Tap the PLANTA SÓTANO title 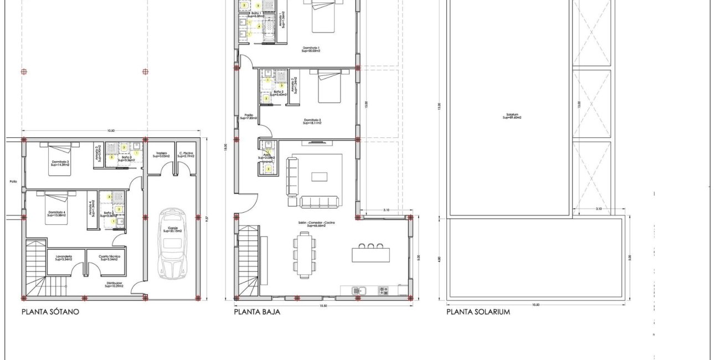50,312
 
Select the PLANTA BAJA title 257,312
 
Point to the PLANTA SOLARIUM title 478,312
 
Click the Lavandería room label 65,258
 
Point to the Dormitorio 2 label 312,121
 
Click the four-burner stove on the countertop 383,290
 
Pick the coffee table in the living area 319,177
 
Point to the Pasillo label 249,117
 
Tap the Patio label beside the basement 13,181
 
